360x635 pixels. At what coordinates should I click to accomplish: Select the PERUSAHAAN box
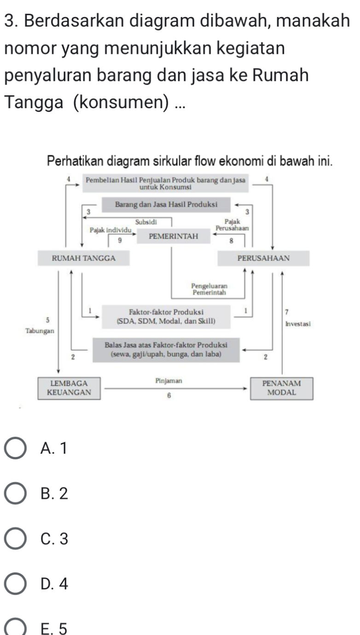(x=263, y=258)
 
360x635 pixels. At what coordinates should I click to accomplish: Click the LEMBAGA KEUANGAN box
(x=70, y=387)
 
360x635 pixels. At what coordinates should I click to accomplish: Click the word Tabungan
(x=39, y=330)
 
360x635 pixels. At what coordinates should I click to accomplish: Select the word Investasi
(x=298, y=323)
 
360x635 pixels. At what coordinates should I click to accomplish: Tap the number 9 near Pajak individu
(x=120, y=240)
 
